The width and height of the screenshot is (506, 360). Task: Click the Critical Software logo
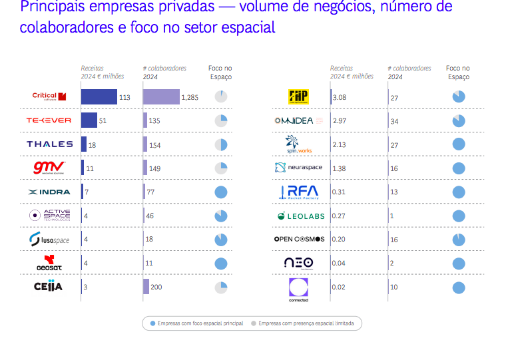tap(49, 96)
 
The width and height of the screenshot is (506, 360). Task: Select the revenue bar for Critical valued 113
tap(99, 97)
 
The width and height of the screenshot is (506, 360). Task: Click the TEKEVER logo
tap(49, 120)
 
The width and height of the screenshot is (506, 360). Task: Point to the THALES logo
tap(49, 144)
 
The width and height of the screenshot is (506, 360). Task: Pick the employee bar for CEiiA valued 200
tap(146, 287)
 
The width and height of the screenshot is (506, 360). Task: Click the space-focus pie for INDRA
tap(222, 192)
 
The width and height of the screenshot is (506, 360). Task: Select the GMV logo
tap(49, 167)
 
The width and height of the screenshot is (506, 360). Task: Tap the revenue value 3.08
tap(339, 98)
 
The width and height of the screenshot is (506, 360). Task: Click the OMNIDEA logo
tap(298, 121)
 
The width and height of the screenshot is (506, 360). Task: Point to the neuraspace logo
tap(298, 168)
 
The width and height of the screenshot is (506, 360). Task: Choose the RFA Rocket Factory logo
tap(299, 192)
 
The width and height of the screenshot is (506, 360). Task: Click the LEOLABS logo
tap(298, 216)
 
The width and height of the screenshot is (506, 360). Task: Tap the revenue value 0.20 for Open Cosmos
tap(340, 240)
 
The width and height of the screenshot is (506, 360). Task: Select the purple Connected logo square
tap(298, 287)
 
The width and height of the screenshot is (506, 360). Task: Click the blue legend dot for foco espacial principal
tap(152, 323)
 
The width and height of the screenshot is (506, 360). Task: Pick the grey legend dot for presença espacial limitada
tap(254, 323)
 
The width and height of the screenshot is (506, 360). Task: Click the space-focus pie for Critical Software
tap(222, 97)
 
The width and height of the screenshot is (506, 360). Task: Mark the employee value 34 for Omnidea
tap(394, 121)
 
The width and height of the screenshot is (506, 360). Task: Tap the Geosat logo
tap(49, 264)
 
